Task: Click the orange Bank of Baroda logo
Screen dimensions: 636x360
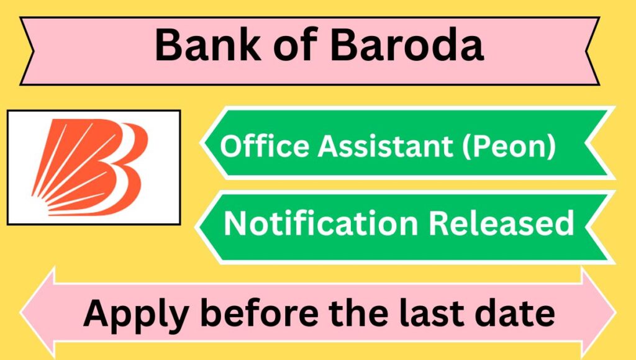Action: [x=90, y=167]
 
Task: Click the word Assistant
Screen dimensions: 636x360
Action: [x=385, y=145]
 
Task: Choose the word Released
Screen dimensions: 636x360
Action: [x=502, y=223]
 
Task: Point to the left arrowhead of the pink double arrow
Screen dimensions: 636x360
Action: [x=37, y=313]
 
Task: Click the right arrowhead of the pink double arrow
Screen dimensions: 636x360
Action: [x=599, y=313]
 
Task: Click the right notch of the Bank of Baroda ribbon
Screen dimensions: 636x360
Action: [x=586, y=51]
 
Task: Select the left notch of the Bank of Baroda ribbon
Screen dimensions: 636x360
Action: [x=34, y=51]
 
